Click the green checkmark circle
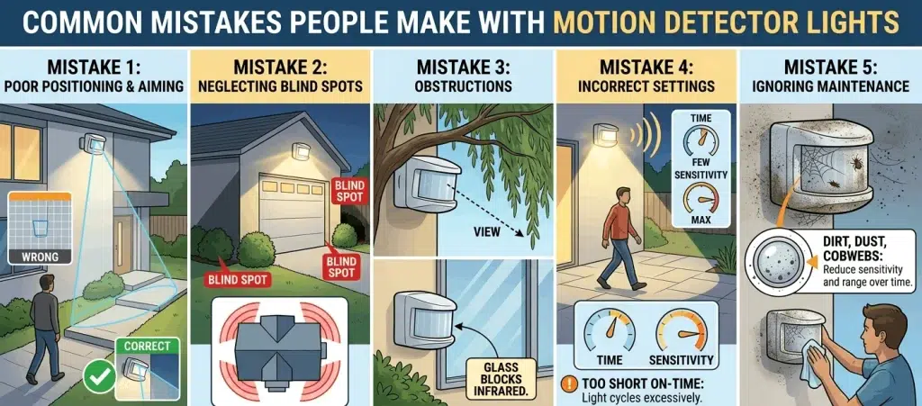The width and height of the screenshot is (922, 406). point(99,376)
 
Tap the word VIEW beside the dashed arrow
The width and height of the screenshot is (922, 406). point(487,232)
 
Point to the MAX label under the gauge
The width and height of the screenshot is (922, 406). point(701,221)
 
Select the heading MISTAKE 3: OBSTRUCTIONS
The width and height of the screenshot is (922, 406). point(463,75)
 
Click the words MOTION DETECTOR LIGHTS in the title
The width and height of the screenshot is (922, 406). point(727,23)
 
